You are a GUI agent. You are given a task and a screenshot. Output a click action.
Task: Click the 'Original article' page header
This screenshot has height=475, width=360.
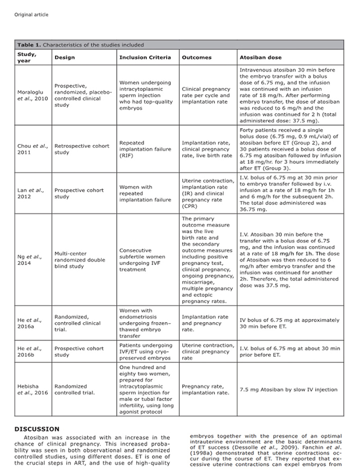(31, 14)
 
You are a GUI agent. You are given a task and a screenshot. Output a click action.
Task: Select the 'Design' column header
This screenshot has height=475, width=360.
(65, 57)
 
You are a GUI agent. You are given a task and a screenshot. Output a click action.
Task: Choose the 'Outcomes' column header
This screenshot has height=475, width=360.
(196, 57)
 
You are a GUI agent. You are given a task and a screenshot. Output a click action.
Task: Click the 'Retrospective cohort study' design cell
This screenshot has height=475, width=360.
(82, 149)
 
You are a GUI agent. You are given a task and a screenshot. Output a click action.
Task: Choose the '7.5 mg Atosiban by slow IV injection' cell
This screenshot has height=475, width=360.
(289, 390)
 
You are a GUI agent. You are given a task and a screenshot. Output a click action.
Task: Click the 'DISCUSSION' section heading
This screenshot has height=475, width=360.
(37, 429)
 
